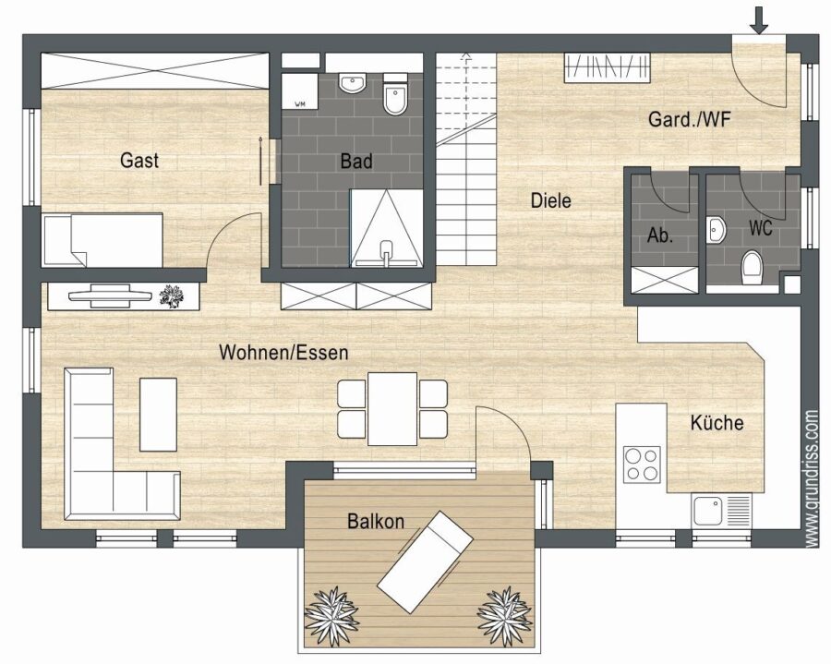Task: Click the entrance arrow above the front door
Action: [760, 20]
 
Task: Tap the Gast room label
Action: [139, 160]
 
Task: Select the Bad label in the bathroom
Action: [356, 161]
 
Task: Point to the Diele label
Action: [550, 200]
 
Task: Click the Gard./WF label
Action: [689, 119]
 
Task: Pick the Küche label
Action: [717, 422]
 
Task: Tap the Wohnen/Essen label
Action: [283, 353]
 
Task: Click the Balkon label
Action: [376, 521]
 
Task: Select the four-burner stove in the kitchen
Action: [642, 465]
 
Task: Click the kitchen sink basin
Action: [708, 511]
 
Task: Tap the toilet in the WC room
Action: [752, 268]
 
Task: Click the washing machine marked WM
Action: [299, 91]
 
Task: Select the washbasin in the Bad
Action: [353, 84]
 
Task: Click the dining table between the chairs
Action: [392, 408]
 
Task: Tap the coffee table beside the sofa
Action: [158, 415]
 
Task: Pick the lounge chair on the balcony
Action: [425, 561]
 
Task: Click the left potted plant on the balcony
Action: [331, 615]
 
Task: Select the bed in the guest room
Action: [102, 240]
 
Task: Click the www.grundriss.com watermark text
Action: [812, 478]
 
